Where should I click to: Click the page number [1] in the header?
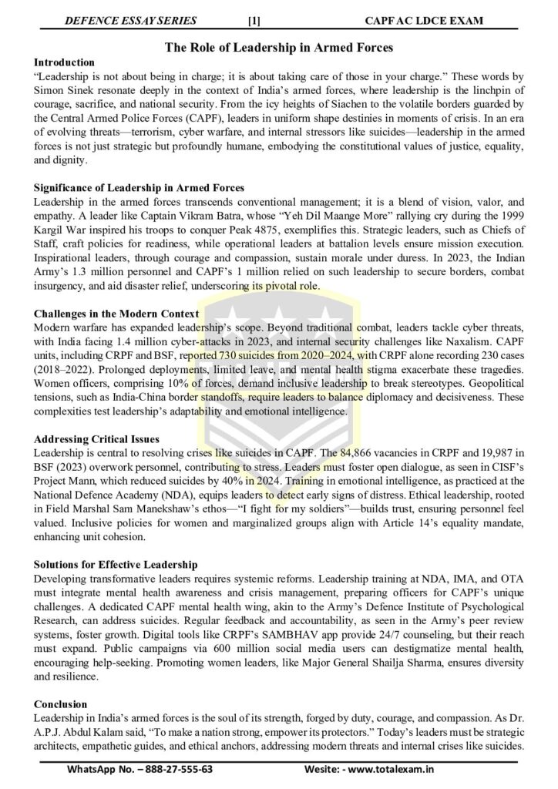tap(254, 21)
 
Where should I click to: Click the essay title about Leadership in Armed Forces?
tap(279, 48)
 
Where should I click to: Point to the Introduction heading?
tap(65, 62)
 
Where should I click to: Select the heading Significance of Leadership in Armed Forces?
tap(139, 188)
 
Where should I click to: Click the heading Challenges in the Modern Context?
tap(116, 314)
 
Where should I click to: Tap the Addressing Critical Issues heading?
tap(97, 440)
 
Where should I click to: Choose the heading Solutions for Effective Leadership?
tap(116, 566)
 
